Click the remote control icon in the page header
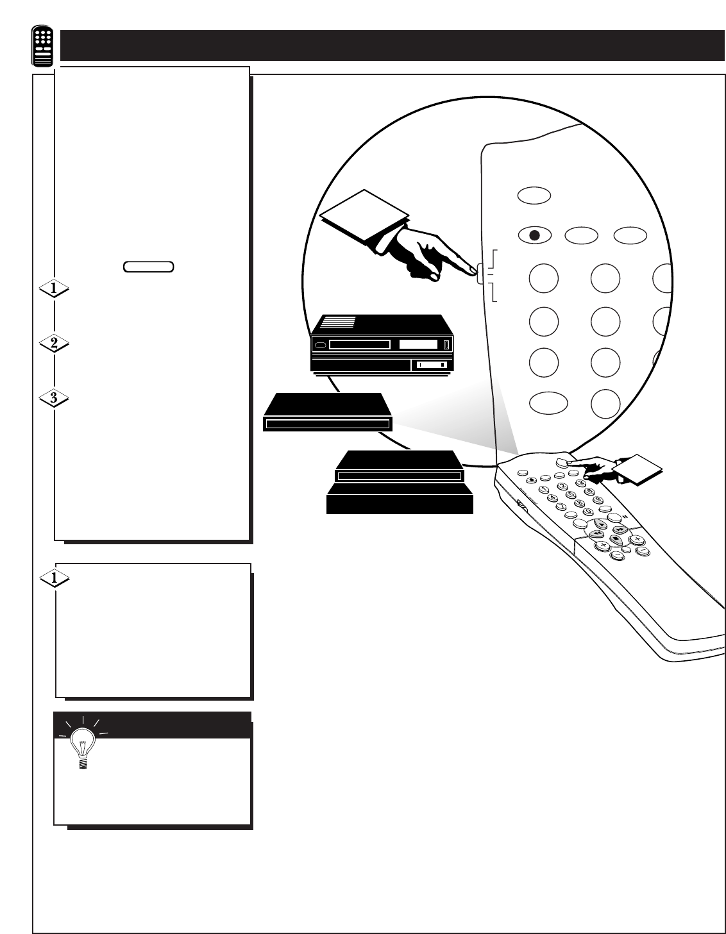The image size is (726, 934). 43,47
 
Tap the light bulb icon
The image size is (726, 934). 82,747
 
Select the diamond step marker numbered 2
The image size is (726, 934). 54,344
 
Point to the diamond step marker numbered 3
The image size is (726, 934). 54,398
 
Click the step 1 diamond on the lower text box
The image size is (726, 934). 54,578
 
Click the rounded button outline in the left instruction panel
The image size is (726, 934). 148,267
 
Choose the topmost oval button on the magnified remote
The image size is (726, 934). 534,195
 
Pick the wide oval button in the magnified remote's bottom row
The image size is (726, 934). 549,403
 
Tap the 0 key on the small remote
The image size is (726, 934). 585,512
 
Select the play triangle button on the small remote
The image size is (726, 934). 601,523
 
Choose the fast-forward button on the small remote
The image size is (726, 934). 619,530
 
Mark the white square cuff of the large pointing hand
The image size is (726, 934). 364,214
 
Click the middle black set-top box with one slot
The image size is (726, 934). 328,413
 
